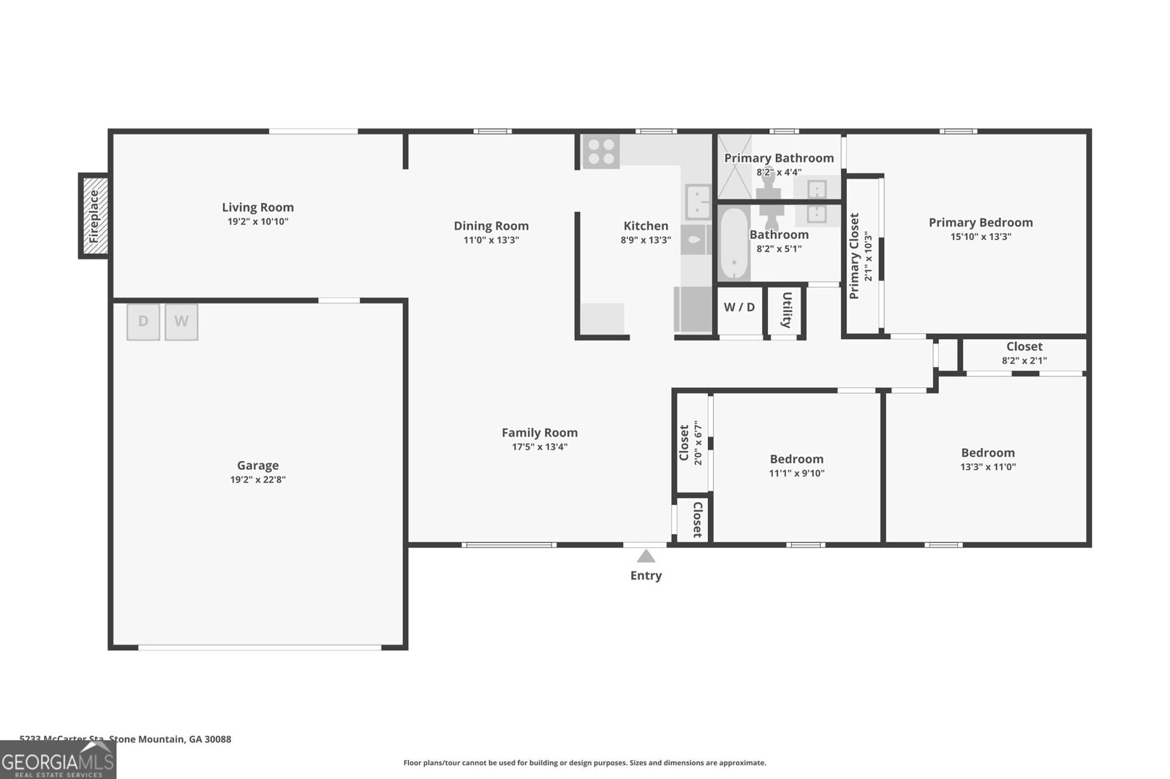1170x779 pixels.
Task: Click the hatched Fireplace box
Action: pyautogui.click(x=94, y=216)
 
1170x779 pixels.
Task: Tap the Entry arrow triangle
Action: pyautogui.click(x=646, y=557)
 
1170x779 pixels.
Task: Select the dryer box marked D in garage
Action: pyautogui.click(x=143, y=322)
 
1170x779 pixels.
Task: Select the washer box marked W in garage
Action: pyautogui.click(x=181, y=322)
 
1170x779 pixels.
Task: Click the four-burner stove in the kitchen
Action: pyautogui.click(x=601, y=151)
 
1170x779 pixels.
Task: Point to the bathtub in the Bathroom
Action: pyautogui.click(x=732, y=243)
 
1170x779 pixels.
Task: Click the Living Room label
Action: pyautogui.click(x=257, y=208)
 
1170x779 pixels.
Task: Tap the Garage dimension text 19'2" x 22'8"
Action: pyautogui.click(x=257, y=480)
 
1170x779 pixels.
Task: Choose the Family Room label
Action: pyautogui.click(x=540, y=433)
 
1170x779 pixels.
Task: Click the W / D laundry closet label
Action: pyautogui.click(x=739, y=308)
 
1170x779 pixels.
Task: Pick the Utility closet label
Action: pyautogui.click(x=787, y=311)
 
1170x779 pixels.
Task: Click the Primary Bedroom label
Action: pyautogui.click(x=981, y=222)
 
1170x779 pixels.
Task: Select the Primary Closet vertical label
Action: pyautogui.click(x=854, y=256)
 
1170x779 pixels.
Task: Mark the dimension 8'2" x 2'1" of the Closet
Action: pyautogui.click(x=1024, y=360)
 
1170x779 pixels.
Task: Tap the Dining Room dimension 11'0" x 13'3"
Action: pyautogui.click(x=491, y=240)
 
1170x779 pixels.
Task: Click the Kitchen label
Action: pyautogui.click(x=646, y=226)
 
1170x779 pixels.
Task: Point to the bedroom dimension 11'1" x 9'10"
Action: pyautogui.click(x=796, y=473)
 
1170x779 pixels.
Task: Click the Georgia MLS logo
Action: pyautogui.click(x=58, y=760)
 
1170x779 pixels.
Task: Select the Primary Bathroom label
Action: pyautogui.click(x=779, y=158)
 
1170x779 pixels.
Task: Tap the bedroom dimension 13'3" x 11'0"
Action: pyautogui.click(x=988, y=467)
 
